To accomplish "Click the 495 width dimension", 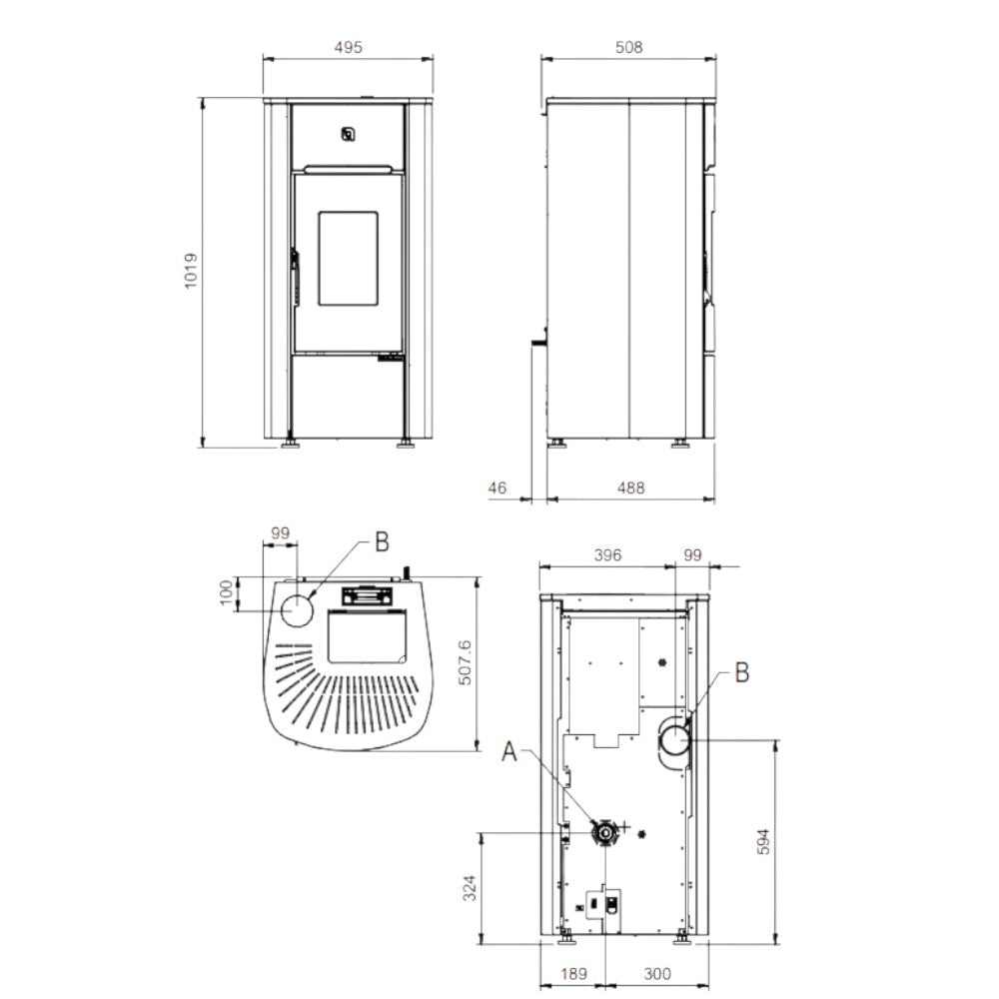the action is click(348, 47).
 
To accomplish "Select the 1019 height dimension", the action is click(191, 272).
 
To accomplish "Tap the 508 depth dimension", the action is click(628, 47).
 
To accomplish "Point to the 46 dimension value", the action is click(497, 489).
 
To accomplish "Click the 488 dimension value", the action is click(630, 489).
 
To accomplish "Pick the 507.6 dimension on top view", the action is click(466, 663).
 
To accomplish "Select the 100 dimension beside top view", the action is click(226, 593).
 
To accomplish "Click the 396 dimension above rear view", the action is click(607, 555).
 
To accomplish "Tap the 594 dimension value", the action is click(764, 841).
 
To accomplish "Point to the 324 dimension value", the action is click(470, 888).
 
